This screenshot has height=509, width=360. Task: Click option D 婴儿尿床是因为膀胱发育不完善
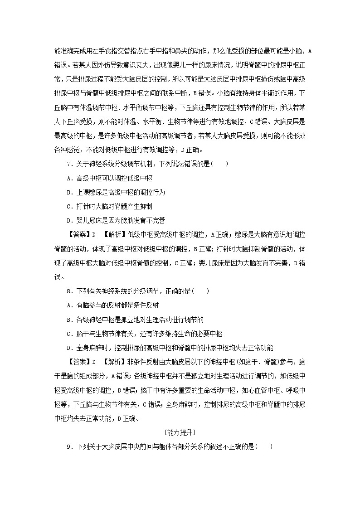coord(116,221)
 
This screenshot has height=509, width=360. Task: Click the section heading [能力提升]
coord(180,432)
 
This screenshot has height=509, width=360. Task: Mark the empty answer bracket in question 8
coord(201,291)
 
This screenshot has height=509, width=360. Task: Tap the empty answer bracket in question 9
coord(265,446)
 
